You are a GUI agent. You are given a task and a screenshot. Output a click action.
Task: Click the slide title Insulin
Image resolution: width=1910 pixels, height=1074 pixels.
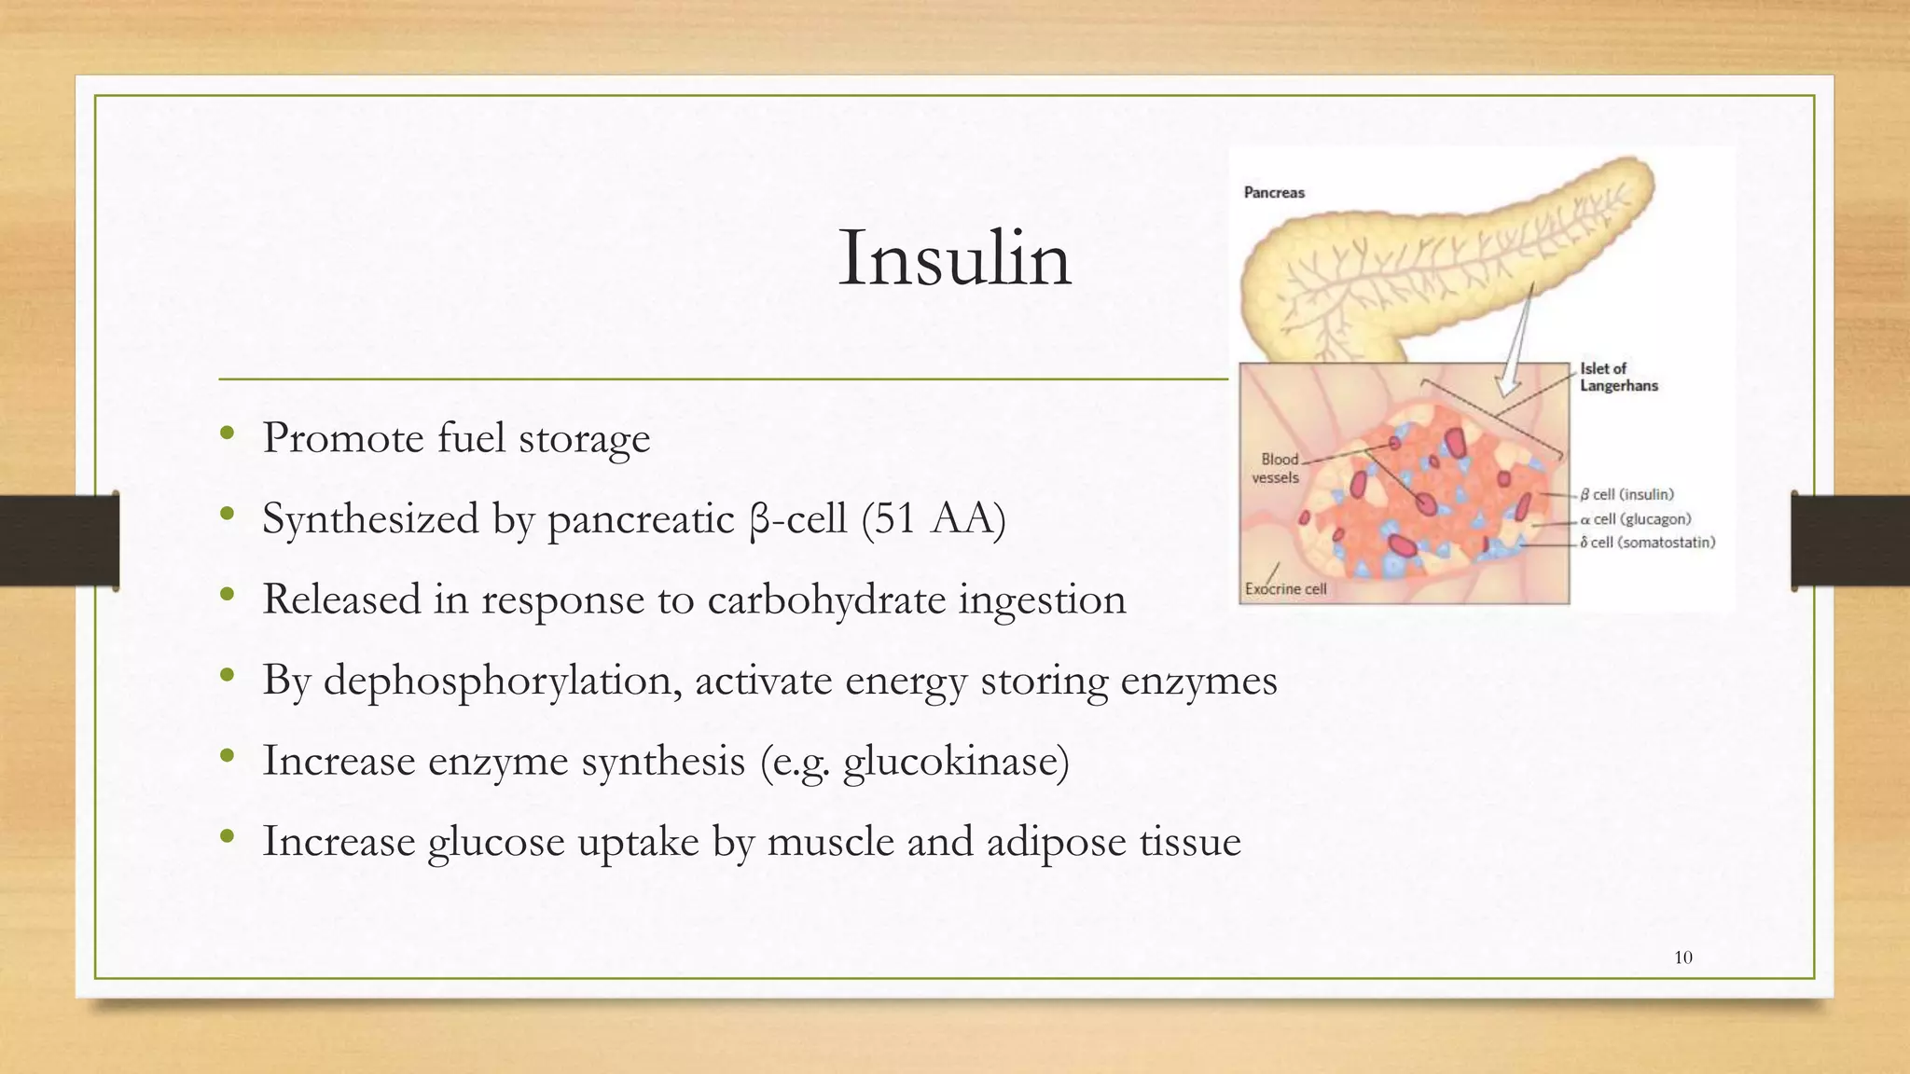[954, 258]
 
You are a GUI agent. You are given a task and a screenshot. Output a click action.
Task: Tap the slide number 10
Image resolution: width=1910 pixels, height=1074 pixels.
[1683, 957]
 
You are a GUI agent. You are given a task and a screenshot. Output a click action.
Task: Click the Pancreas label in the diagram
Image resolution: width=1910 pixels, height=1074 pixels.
[1274, 193]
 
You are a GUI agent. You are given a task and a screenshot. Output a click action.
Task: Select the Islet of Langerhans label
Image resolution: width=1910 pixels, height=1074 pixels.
[1618, 377]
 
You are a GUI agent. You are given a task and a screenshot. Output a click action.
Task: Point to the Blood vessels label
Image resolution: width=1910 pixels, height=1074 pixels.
[1276, 468]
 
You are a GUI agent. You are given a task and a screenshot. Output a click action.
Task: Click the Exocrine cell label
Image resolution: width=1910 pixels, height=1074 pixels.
[1285, 589]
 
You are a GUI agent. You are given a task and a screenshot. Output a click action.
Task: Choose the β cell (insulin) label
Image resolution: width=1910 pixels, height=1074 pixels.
[1626, 494]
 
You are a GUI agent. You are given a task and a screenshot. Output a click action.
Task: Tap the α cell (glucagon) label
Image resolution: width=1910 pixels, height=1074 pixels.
[1635, 518]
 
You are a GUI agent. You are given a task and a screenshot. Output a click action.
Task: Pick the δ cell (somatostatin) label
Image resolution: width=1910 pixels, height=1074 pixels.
[1647, 543]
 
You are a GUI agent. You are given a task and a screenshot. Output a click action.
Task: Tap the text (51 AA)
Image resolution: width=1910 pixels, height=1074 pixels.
[934, 519]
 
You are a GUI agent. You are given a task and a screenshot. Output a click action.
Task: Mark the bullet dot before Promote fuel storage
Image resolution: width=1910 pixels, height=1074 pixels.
[227, 434]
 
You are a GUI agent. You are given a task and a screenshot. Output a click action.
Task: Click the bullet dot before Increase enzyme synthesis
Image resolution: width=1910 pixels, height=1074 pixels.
[227, 757]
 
